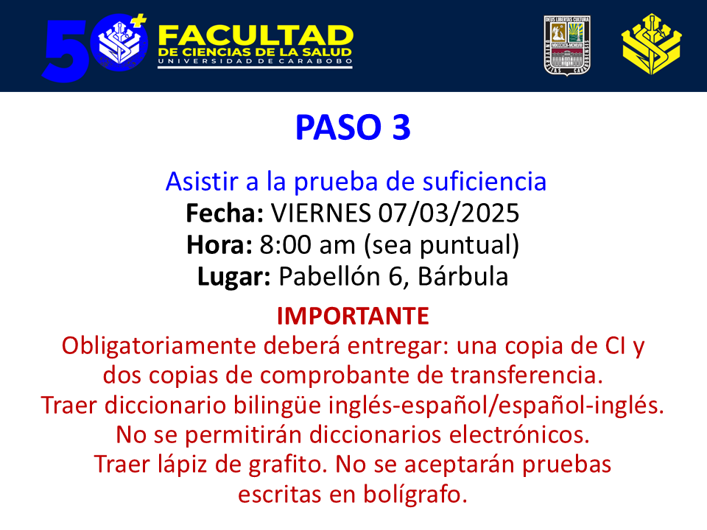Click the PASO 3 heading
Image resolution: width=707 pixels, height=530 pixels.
353,127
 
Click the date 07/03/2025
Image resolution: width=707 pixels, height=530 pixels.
449,213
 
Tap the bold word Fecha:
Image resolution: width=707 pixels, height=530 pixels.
225,213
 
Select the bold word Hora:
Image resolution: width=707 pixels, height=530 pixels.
219,244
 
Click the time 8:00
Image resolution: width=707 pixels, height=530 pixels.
285,244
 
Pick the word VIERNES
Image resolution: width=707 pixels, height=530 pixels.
320,213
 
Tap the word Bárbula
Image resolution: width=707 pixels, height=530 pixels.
463,276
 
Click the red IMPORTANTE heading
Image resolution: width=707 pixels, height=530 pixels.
353,316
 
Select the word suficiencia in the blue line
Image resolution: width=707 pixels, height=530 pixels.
485,181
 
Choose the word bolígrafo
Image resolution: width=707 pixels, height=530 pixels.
415,495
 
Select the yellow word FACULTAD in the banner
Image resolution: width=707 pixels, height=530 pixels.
256,35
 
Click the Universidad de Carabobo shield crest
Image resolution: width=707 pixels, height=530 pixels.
567,46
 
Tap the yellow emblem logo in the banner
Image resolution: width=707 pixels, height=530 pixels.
652,44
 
